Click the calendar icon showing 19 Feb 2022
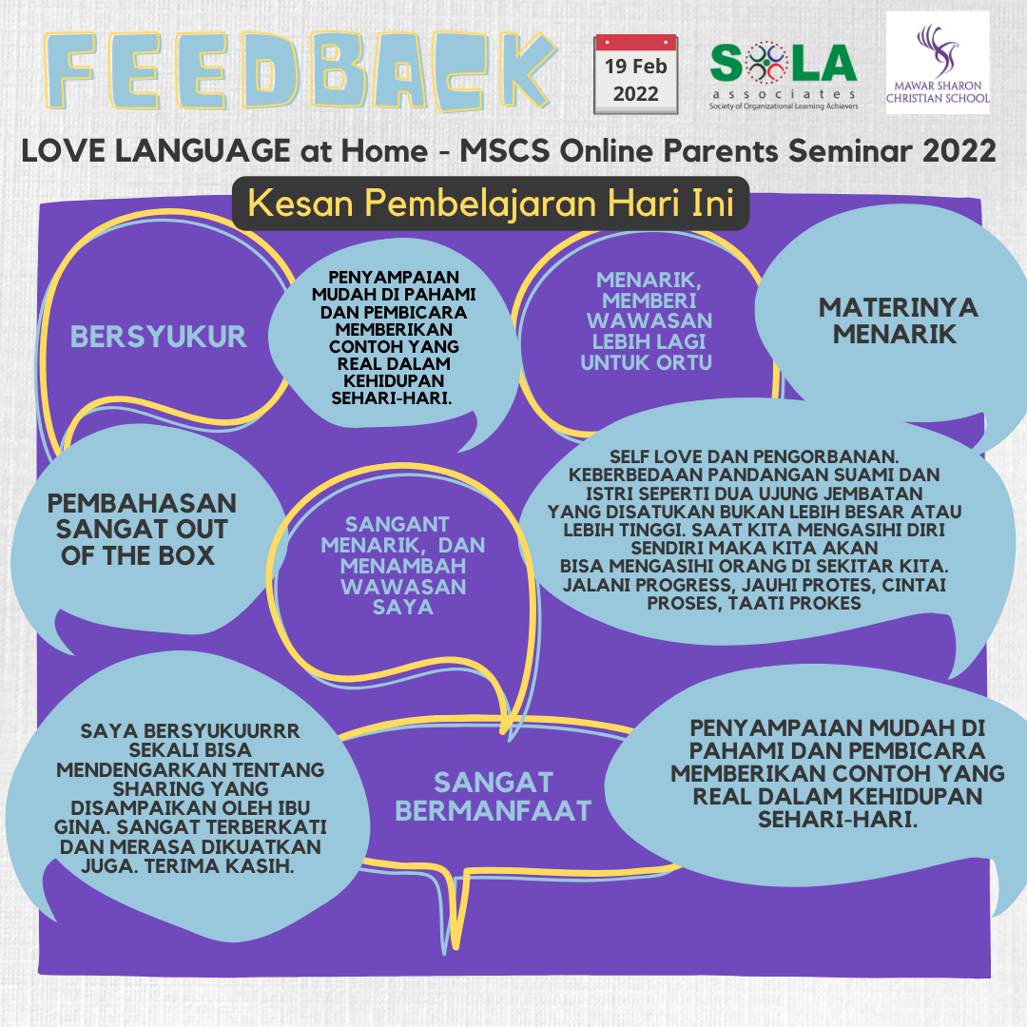click(635, 74)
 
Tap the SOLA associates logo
click(783, 74)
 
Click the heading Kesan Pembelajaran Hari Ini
click(490, 204)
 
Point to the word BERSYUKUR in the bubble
click(159, 336)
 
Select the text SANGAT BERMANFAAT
click(493, 796)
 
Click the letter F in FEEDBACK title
click(79, 70)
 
